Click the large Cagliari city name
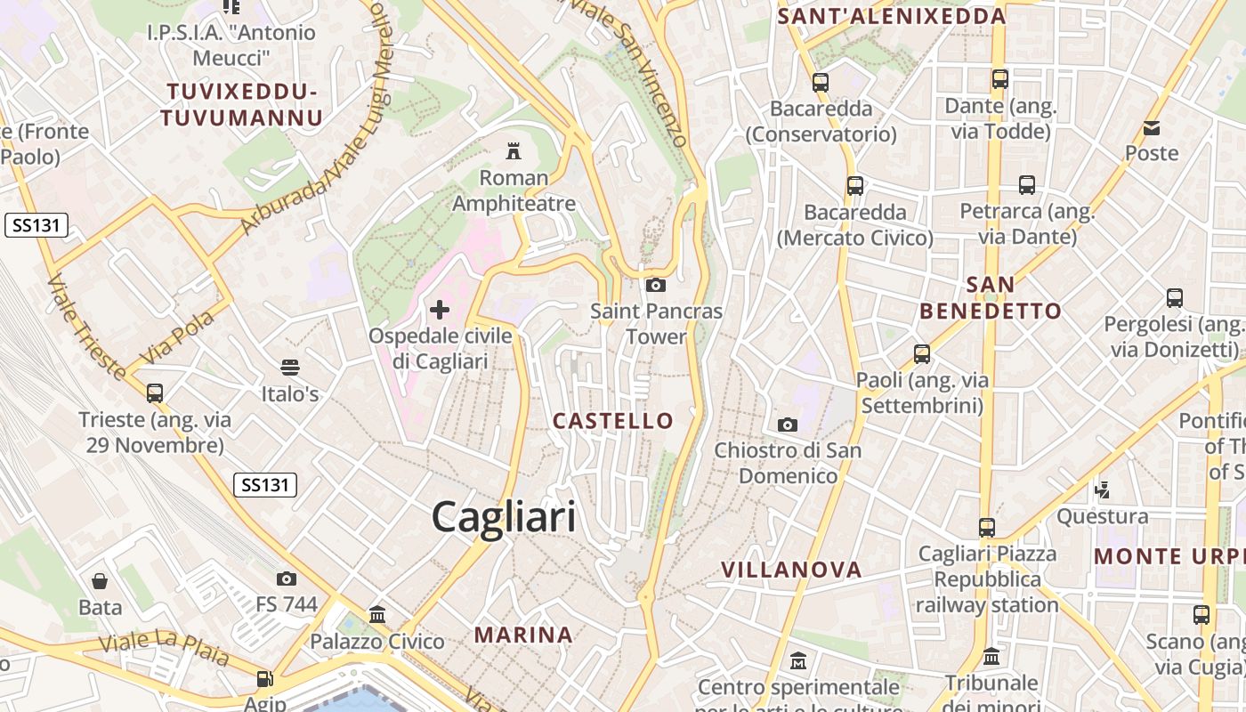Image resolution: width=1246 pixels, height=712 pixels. pyautogui.click(x=504, y=517)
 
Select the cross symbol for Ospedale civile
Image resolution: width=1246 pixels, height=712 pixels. pyautogui.click(x=440, y=310)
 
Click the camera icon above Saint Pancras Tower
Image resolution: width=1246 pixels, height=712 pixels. pyautogui.click(x=656, y=285)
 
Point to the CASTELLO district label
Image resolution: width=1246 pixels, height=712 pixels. pyautogui.click(x=613, y=421)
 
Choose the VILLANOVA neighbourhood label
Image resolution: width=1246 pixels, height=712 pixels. pyautogui.click(x=791, y=570)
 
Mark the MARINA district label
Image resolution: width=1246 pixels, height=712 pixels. pyautogui.click(x=523, y=635)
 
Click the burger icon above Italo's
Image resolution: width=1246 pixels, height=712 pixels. pyautogui.click(x=289, y=367)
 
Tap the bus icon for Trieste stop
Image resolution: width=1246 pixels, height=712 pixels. pyautogui.click(x=155, y=392)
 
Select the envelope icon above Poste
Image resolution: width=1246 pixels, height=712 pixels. pyautogui.click(x=1152, y=128)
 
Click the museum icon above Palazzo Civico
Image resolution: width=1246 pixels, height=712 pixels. pyautogui.click(x=376, y=614)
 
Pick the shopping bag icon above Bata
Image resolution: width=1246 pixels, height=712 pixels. pyautogui.click(x=100, y=581)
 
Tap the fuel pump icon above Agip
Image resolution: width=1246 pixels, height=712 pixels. pyautogui.click(x=264, y=678)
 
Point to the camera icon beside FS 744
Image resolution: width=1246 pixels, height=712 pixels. pyautogui.click(x=287, y=578)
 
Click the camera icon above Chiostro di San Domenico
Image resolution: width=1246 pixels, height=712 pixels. pyautogui.click(x=788, y=425)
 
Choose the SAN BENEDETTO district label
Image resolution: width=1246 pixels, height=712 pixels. pyautogui.click(x=991, y=297)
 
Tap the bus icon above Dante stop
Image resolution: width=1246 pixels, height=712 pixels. pyautogui.click(x=1000, y=79)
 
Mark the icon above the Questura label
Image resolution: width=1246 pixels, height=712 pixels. pyautogui.click(x=1103, y=489)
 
